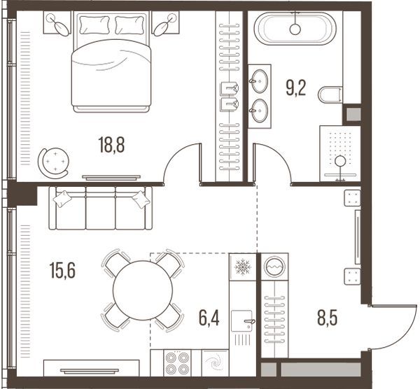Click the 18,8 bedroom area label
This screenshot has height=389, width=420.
click(x=111, y=145)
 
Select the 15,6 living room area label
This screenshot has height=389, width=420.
click(x=62, y=270)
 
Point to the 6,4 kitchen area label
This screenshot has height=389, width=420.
click(x=209, y=318)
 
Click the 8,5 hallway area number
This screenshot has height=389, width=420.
click(x=327, y=318)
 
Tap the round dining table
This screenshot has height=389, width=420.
click(x=143, y=290)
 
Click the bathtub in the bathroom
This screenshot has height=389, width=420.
click(x=295, y=28)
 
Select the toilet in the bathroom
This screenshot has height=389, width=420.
click(x=330, y=94)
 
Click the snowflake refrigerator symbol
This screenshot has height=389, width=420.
click(x=242, y=267)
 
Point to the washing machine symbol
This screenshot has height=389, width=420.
click(x=274, y=267)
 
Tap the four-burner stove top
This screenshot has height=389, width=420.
click(x=177, y=362)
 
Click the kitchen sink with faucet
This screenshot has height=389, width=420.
click(x=242, y=321)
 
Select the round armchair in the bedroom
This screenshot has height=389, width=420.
click(x=54, y=162)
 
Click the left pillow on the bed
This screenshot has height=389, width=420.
click(x=94, y=25)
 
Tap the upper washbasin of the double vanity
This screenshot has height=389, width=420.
click(x=259, y=81)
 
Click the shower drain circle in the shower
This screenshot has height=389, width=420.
click(x=340, y=161)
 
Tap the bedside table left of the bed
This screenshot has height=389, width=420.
click(x=57, y=22)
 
